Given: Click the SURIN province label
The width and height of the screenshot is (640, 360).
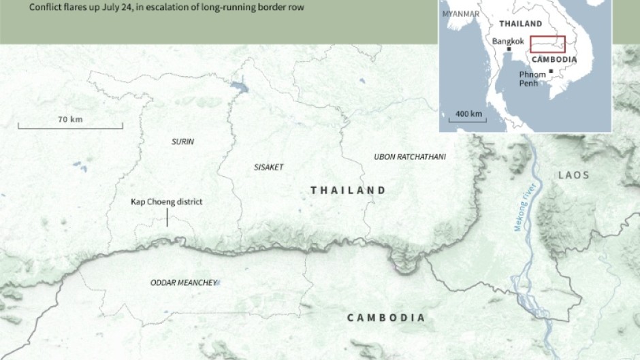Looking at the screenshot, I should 182,142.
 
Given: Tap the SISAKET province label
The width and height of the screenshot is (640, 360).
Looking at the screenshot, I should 268,167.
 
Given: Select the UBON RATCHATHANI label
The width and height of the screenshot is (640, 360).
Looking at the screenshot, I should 410,157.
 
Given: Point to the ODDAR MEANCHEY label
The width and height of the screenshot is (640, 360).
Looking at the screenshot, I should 183,282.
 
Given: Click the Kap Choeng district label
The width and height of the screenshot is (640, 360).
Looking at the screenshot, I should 167,202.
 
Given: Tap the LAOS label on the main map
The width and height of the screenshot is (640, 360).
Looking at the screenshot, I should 573,175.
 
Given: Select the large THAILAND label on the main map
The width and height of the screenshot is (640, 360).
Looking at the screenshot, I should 348,191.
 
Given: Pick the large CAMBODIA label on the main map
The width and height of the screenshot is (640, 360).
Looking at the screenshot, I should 386,318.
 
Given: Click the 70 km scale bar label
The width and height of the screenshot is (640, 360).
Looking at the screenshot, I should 70,120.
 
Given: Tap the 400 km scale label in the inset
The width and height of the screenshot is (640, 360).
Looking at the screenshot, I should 468,113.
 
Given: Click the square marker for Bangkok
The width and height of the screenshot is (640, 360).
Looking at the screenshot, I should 509,49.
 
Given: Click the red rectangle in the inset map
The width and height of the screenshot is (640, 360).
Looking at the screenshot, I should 547,43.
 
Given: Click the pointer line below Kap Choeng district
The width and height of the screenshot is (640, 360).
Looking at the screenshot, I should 167,218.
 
